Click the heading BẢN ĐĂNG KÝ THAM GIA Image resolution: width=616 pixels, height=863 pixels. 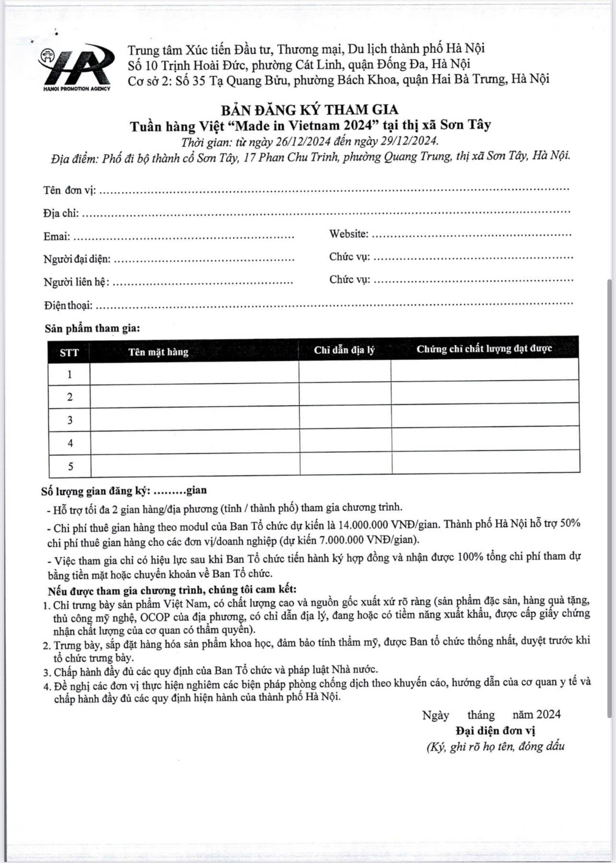click(x=309, y=110)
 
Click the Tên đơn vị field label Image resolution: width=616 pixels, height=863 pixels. click(x=69, y=190)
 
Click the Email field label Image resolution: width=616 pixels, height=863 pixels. click(x=57, y=236)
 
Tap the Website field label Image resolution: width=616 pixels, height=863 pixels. click(x=349, y=234)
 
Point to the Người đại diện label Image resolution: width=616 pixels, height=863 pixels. click(x=77, y=260)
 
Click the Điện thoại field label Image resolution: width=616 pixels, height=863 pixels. click(x=68, y=305)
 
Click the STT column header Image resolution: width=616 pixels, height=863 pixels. click(x=69, y=353)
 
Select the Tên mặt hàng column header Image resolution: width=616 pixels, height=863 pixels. click(x=158, y=352)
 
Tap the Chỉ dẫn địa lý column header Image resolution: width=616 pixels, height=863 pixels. click(x=344, y=350)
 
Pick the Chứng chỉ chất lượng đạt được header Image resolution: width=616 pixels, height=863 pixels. click(x=484, y=349)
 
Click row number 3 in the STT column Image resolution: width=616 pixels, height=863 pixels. click(x=70, y=420)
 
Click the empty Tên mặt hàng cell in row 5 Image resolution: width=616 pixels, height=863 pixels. click(x=195, y=465)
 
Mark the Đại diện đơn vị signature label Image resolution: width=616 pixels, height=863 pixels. click(x=496, y=731)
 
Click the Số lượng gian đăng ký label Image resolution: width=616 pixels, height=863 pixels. click(x=96, y=491)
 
